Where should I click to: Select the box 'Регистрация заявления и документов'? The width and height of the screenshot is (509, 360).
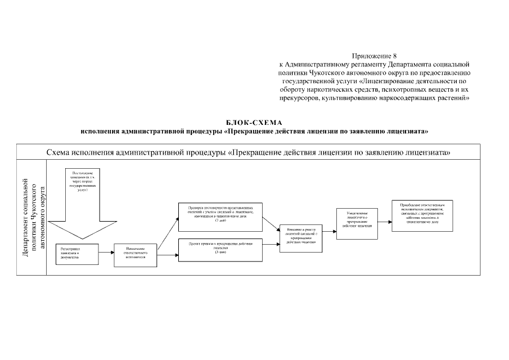(77, 253)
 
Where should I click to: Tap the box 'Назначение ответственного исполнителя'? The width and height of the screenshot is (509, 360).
(136, 254)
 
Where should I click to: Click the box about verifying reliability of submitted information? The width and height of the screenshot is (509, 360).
(220, 217)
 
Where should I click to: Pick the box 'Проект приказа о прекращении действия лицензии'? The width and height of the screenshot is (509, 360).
(220, 249)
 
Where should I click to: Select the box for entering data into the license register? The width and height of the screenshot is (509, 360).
(301, 238)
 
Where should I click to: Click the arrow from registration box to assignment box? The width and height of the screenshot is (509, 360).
(106, 253)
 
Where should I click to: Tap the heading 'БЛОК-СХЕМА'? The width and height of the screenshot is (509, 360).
(254, 123)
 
